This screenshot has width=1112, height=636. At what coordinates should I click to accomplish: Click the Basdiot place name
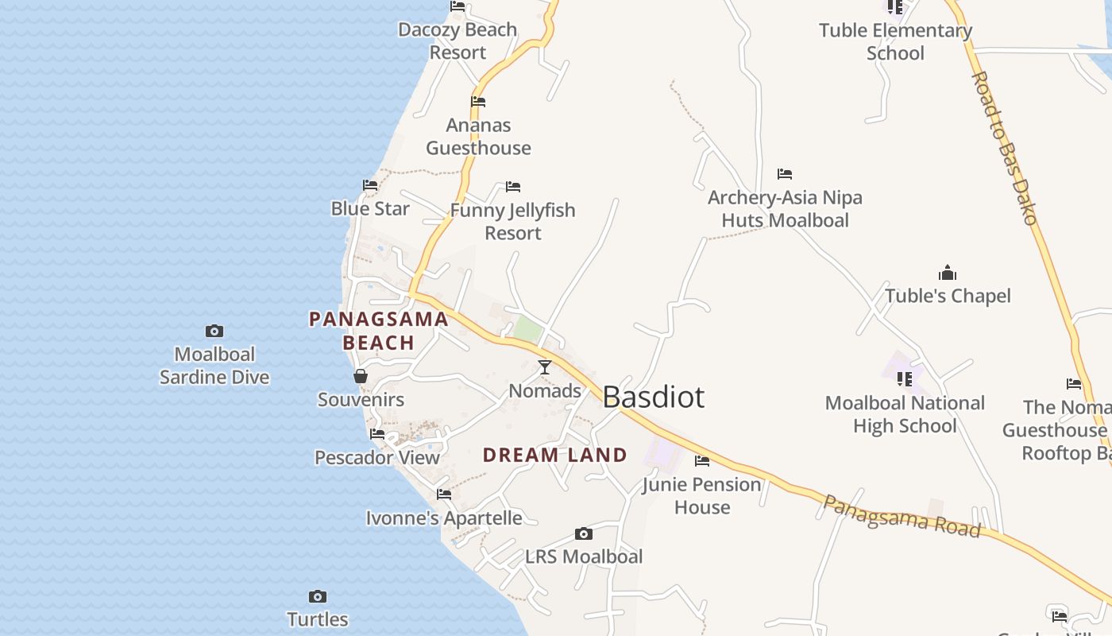coord(653,397)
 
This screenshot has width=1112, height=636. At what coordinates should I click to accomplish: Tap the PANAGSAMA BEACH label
coord(379,331)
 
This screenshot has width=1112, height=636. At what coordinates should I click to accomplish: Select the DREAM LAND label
coord(555,455)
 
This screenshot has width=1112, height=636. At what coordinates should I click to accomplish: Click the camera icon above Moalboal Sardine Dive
coord(214,331)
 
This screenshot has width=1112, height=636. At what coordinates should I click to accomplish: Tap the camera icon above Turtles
coord(318,596)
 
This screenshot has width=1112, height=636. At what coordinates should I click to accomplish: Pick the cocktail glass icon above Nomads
coord(545,367)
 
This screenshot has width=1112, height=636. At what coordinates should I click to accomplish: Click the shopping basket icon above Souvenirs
coord(361,376)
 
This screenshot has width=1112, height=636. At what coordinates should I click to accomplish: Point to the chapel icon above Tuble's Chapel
coord(948,273)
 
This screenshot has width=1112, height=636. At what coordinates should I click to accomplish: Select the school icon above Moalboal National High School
coord(904,379)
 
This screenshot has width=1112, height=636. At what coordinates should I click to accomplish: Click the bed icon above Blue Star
coord(370,185)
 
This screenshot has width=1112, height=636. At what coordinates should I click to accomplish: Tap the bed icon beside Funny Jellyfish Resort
coord(513,187)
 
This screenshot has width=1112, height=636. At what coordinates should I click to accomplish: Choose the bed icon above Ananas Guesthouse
coord(478,102)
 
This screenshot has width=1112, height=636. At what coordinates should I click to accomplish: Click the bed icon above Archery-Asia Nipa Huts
coord(785,174)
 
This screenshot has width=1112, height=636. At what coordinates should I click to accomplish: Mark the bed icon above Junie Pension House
coord(702,460)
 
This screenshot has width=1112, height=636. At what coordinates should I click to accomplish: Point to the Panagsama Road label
coord(901,516)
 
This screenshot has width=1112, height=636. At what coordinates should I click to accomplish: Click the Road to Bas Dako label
coord(1005,148)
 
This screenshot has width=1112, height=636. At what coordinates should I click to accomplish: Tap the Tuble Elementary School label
coord(895,41)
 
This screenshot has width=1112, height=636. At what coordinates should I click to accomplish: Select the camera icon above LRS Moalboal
coord(584,533)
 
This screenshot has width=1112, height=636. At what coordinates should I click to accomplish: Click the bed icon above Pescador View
coord(377,434)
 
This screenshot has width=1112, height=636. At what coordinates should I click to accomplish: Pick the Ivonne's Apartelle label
coord(444,518)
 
